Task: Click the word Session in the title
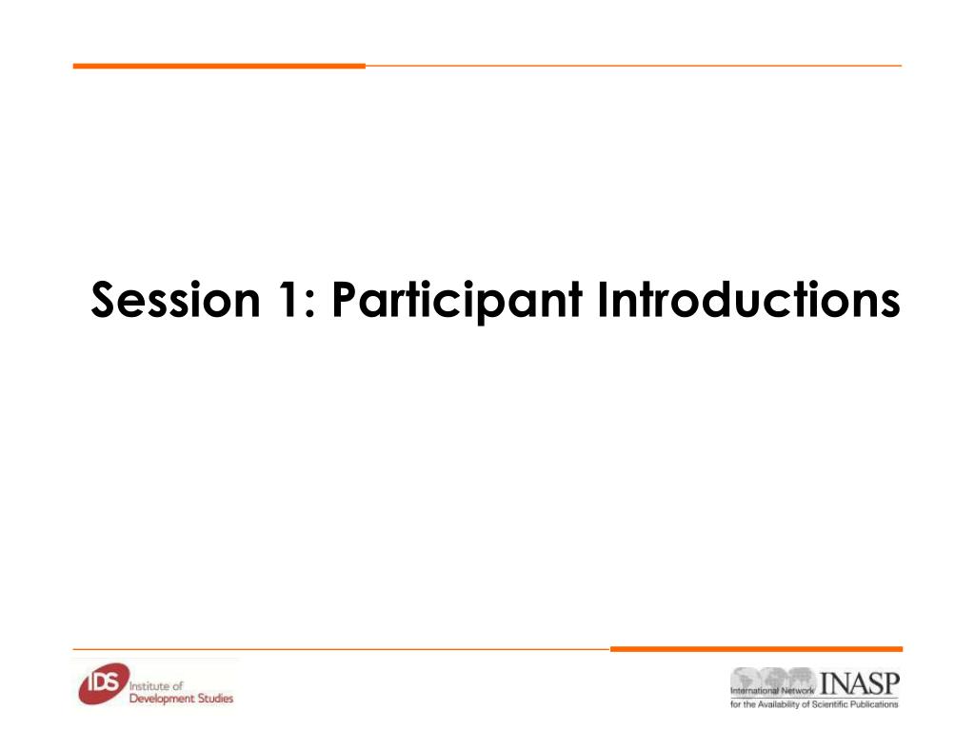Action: (175, 300)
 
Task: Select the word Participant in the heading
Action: (458, 301)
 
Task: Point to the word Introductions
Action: (748, 299)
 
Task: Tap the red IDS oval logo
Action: (104, 683)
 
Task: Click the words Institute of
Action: (156, 686)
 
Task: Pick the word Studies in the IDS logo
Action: (215, 698)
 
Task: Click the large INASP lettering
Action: (860, 683)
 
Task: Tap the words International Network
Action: (771, 691)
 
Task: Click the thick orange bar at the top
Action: (219, 66)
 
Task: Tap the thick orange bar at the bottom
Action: (756, 649)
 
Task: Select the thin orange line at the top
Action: (633, 66)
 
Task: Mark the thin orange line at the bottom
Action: (342, 649)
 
